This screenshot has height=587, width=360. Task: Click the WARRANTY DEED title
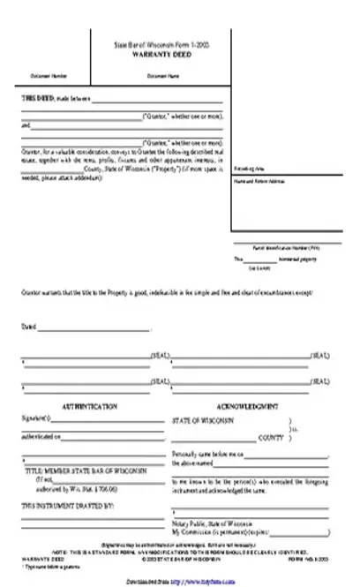(x=161, y=52)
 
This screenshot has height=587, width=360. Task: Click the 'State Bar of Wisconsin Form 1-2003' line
(x=161, y=43)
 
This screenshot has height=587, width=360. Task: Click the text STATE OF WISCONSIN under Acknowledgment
(x=203, y=421)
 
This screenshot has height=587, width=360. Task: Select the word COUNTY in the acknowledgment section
(x=270, y=437)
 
